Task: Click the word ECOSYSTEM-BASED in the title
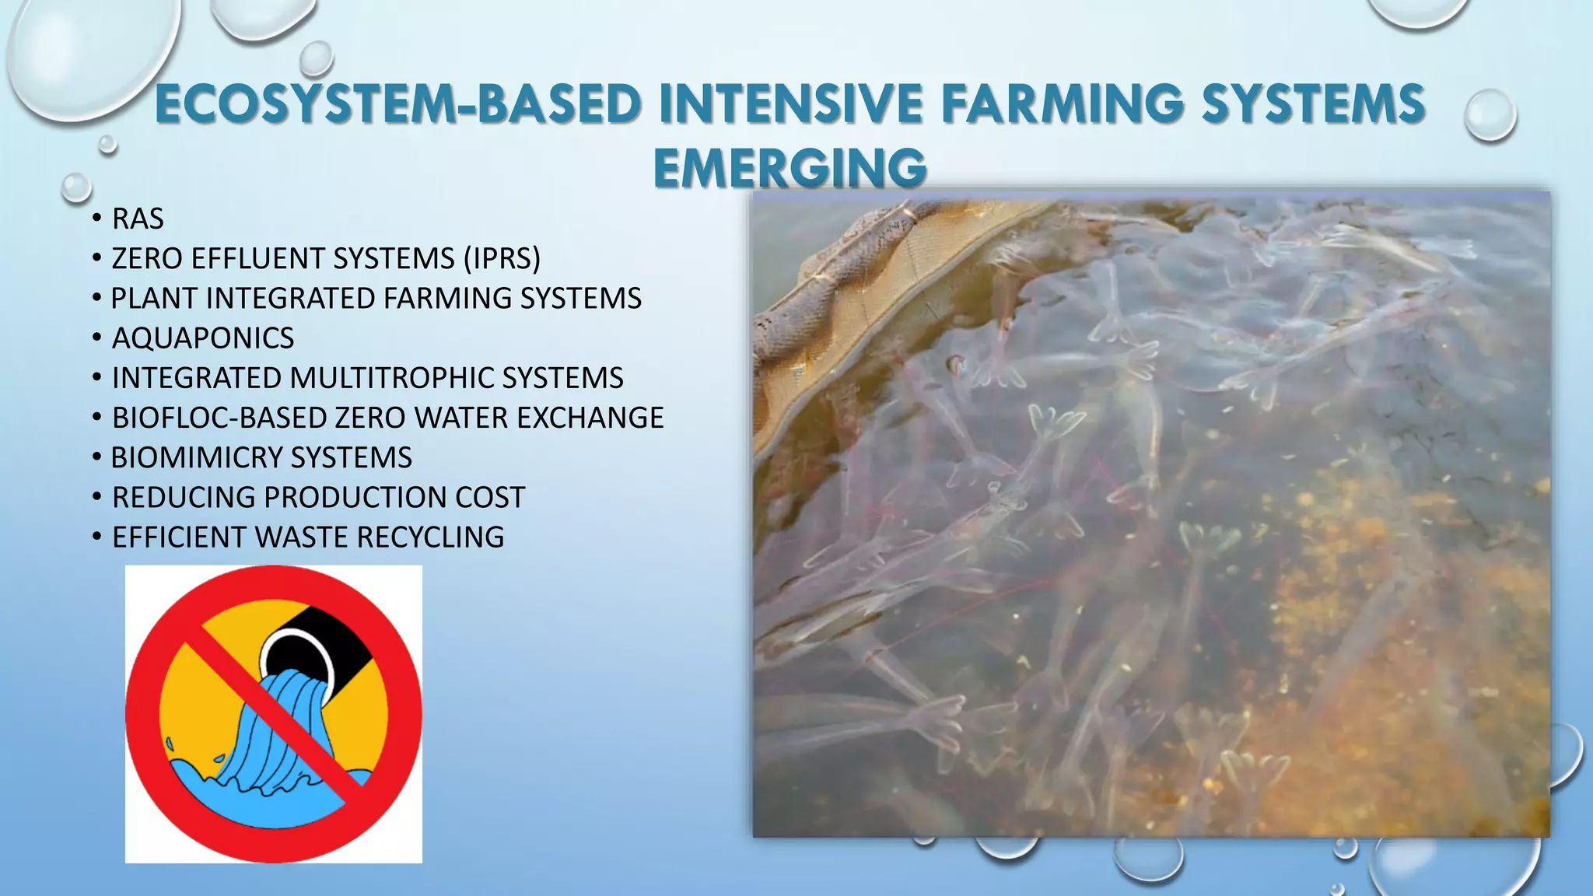(x=397, y=105)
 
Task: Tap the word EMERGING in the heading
(x=789, y=168)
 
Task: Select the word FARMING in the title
(x=1063, y=105)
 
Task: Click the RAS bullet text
(x=138, y=219)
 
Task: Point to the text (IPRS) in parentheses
(x=502, y=259)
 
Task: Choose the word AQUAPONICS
(x=203, y=338)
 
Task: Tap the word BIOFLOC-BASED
(x=219, y=418)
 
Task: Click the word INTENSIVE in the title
(x=790, y=105)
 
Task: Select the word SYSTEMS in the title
(x=1313, y=105)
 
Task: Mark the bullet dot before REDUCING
(x=96, y=496)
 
